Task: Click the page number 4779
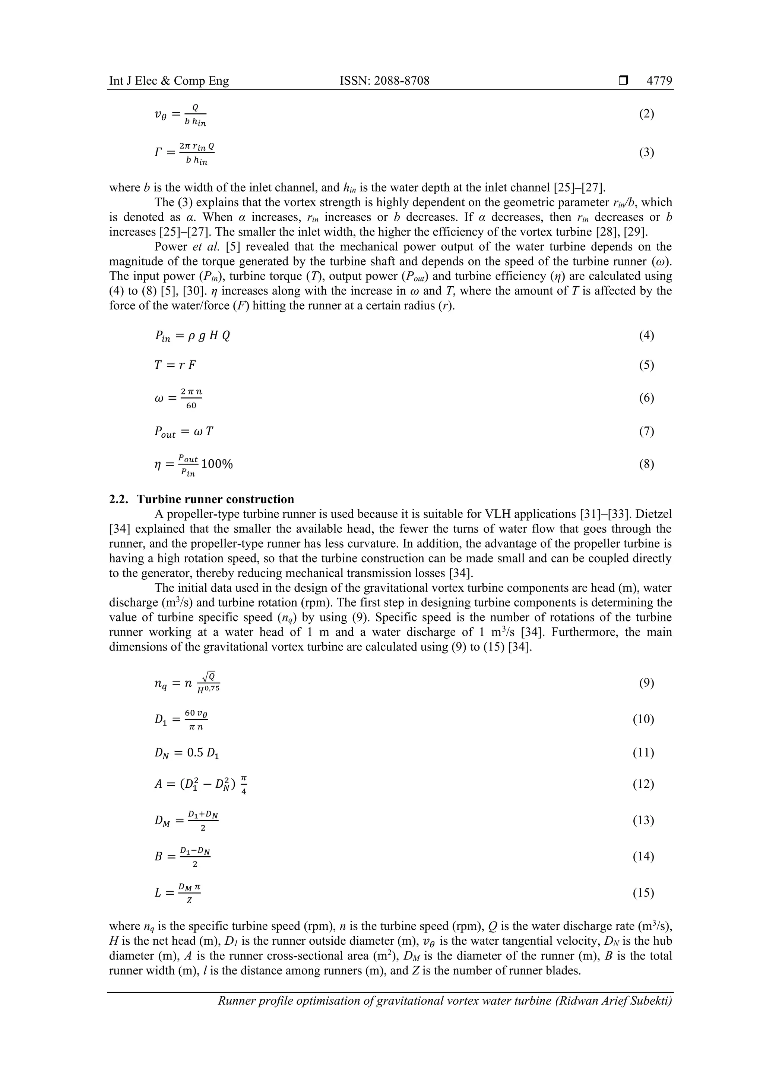click(x=659, y=81)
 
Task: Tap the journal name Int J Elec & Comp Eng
click(x=169, y=81)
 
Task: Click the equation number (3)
click(x=646, y=152)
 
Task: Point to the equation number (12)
click(x=643, y=784)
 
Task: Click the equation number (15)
click(x=643, y=892)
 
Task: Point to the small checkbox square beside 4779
click(x=623, y=81)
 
